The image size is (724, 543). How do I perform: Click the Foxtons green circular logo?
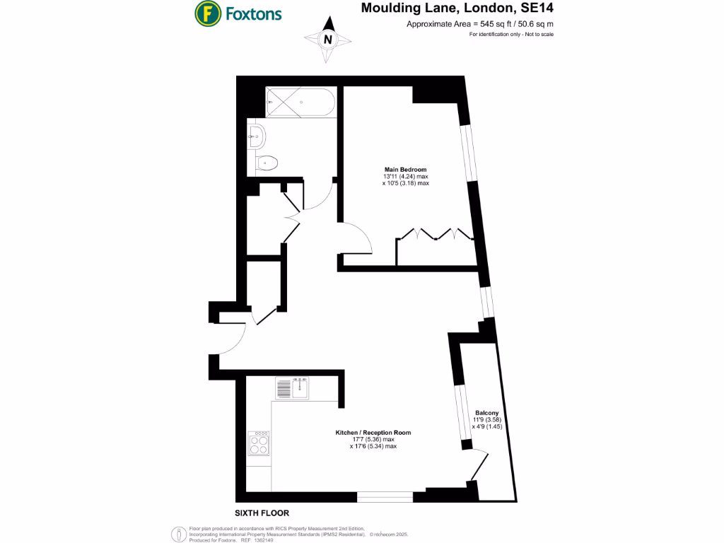point(206,13)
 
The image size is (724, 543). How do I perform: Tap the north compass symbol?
point(327,40)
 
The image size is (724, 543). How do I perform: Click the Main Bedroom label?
point(405,170)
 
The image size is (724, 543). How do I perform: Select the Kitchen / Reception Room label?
point(373,432)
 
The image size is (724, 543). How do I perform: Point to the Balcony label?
point(486,413)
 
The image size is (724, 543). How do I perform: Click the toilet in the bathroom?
point(267,163)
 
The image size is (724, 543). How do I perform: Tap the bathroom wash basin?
point(255,134)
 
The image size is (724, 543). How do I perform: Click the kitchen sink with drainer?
point(293,388)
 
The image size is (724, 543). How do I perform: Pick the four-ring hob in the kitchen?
point(259,443)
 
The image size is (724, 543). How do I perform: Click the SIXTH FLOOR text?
point(262,513)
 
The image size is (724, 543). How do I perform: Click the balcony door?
point(479,466)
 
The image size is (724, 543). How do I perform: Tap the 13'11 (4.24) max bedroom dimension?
point(406,177)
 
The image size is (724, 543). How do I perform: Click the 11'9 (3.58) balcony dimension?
point(486,420)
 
